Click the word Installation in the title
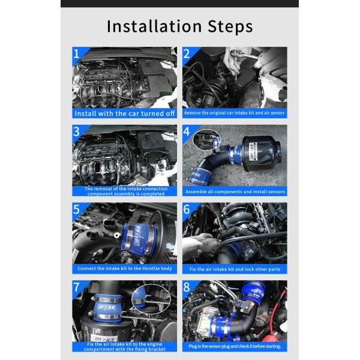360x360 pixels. click(154, 26)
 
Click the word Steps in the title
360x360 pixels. click(230, 26)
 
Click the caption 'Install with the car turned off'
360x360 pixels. click(125, 113)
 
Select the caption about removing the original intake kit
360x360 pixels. click(235, 113)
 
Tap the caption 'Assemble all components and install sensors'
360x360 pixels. click(235, 191)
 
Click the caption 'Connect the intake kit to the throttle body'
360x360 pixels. click(125, 268)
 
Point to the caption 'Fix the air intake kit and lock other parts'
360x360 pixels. click(235, 269)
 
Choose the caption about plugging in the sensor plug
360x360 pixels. click(235, 346)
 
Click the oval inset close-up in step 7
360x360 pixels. click(151, 298)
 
